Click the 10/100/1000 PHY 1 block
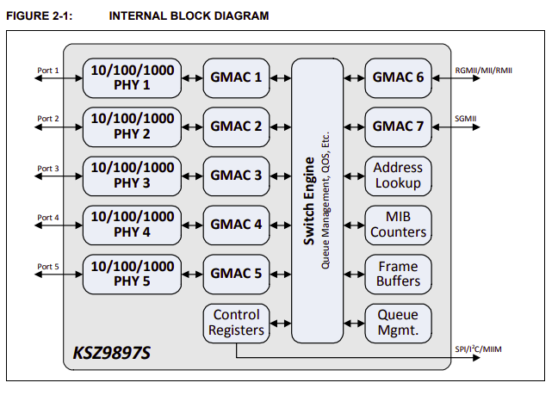[x=133, y=77]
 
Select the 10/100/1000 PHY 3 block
[x=133, y=176]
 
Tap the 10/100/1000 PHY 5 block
[x=133, y=274]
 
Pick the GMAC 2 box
[x=237, y=127]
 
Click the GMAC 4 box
[x=237, y=225]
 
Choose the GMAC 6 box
[x=398, y=77]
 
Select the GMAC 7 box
[x=398, y=127]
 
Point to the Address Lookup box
[x=398, y=176]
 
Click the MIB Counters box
[x=398, y=225]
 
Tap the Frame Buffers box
[x=398, y=274]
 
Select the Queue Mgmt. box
[x=398, y=322]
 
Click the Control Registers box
[x=236, y=322]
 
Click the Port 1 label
[x=48, y=70]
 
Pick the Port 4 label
[x=48, y=217]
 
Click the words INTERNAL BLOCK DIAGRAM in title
[x=189, y=15]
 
